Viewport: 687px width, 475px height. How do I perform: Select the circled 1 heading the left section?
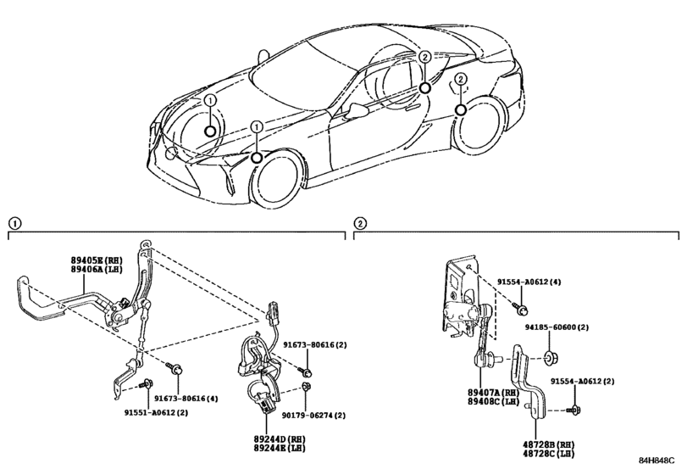(14, 223)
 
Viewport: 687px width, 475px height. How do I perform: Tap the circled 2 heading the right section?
(361, 223)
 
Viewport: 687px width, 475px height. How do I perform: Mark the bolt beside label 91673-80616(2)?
(307, 372)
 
